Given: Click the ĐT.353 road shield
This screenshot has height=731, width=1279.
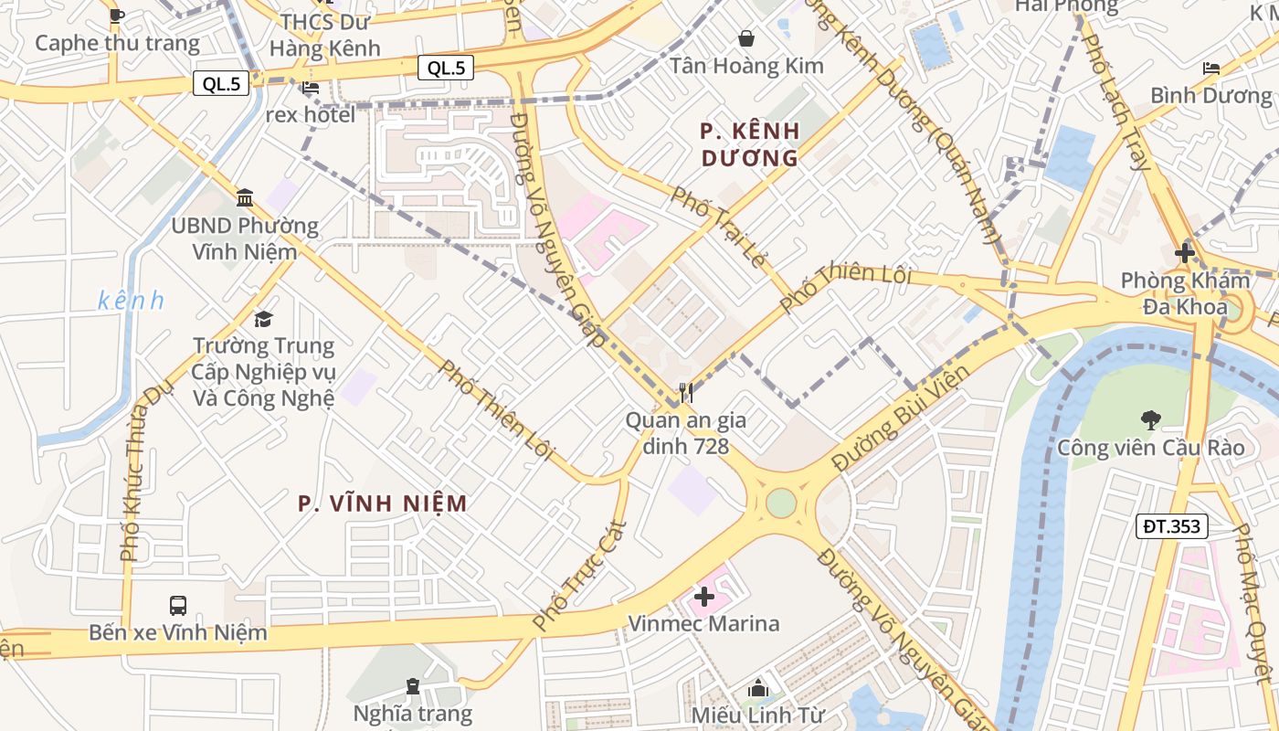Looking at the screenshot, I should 1172,525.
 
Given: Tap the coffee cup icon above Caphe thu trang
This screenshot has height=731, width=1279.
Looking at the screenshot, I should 116,16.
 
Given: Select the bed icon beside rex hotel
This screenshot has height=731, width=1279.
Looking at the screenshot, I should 311,89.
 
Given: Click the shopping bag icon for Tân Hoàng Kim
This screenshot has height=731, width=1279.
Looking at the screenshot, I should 746,38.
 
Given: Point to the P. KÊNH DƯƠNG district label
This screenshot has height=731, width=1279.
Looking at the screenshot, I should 750,144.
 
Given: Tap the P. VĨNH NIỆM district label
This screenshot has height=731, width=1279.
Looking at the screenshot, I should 383,503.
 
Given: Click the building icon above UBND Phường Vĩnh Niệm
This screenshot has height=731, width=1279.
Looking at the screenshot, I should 245,197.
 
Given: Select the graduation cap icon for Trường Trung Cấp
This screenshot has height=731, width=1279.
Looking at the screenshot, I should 263,319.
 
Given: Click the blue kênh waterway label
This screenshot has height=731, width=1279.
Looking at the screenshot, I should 131,300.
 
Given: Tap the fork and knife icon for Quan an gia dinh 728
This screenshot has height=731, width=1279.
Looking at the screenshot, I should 685,393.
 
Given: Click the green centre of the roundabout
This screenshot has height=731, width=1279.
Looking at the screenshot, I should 781,503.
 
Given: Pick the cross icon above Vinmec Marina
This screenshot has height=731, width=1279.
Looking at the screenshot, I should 703,597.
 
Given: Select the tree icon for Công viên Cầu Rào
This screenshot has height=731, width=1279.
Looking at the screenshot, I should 1150,420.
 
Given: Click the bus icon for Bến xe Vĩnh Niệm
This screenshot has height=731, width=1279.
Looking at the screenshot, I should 178,605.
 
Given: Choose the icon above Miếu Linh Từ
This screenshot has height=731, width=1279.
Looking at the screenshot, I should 758,688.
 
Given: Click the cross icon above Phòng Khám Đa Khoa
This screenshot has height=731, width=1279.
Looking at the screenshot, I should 1185,252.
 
